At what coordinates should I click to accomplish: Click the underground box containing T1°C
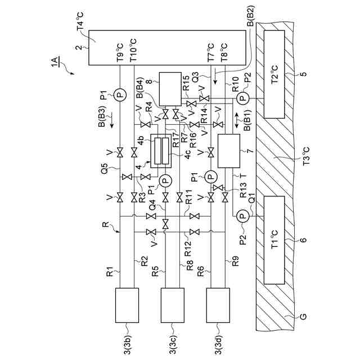pos(274,241)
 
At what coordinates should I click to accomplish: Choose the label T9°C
pos(119,52)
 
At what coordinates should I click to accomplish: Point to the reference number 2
pos(78,48)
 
